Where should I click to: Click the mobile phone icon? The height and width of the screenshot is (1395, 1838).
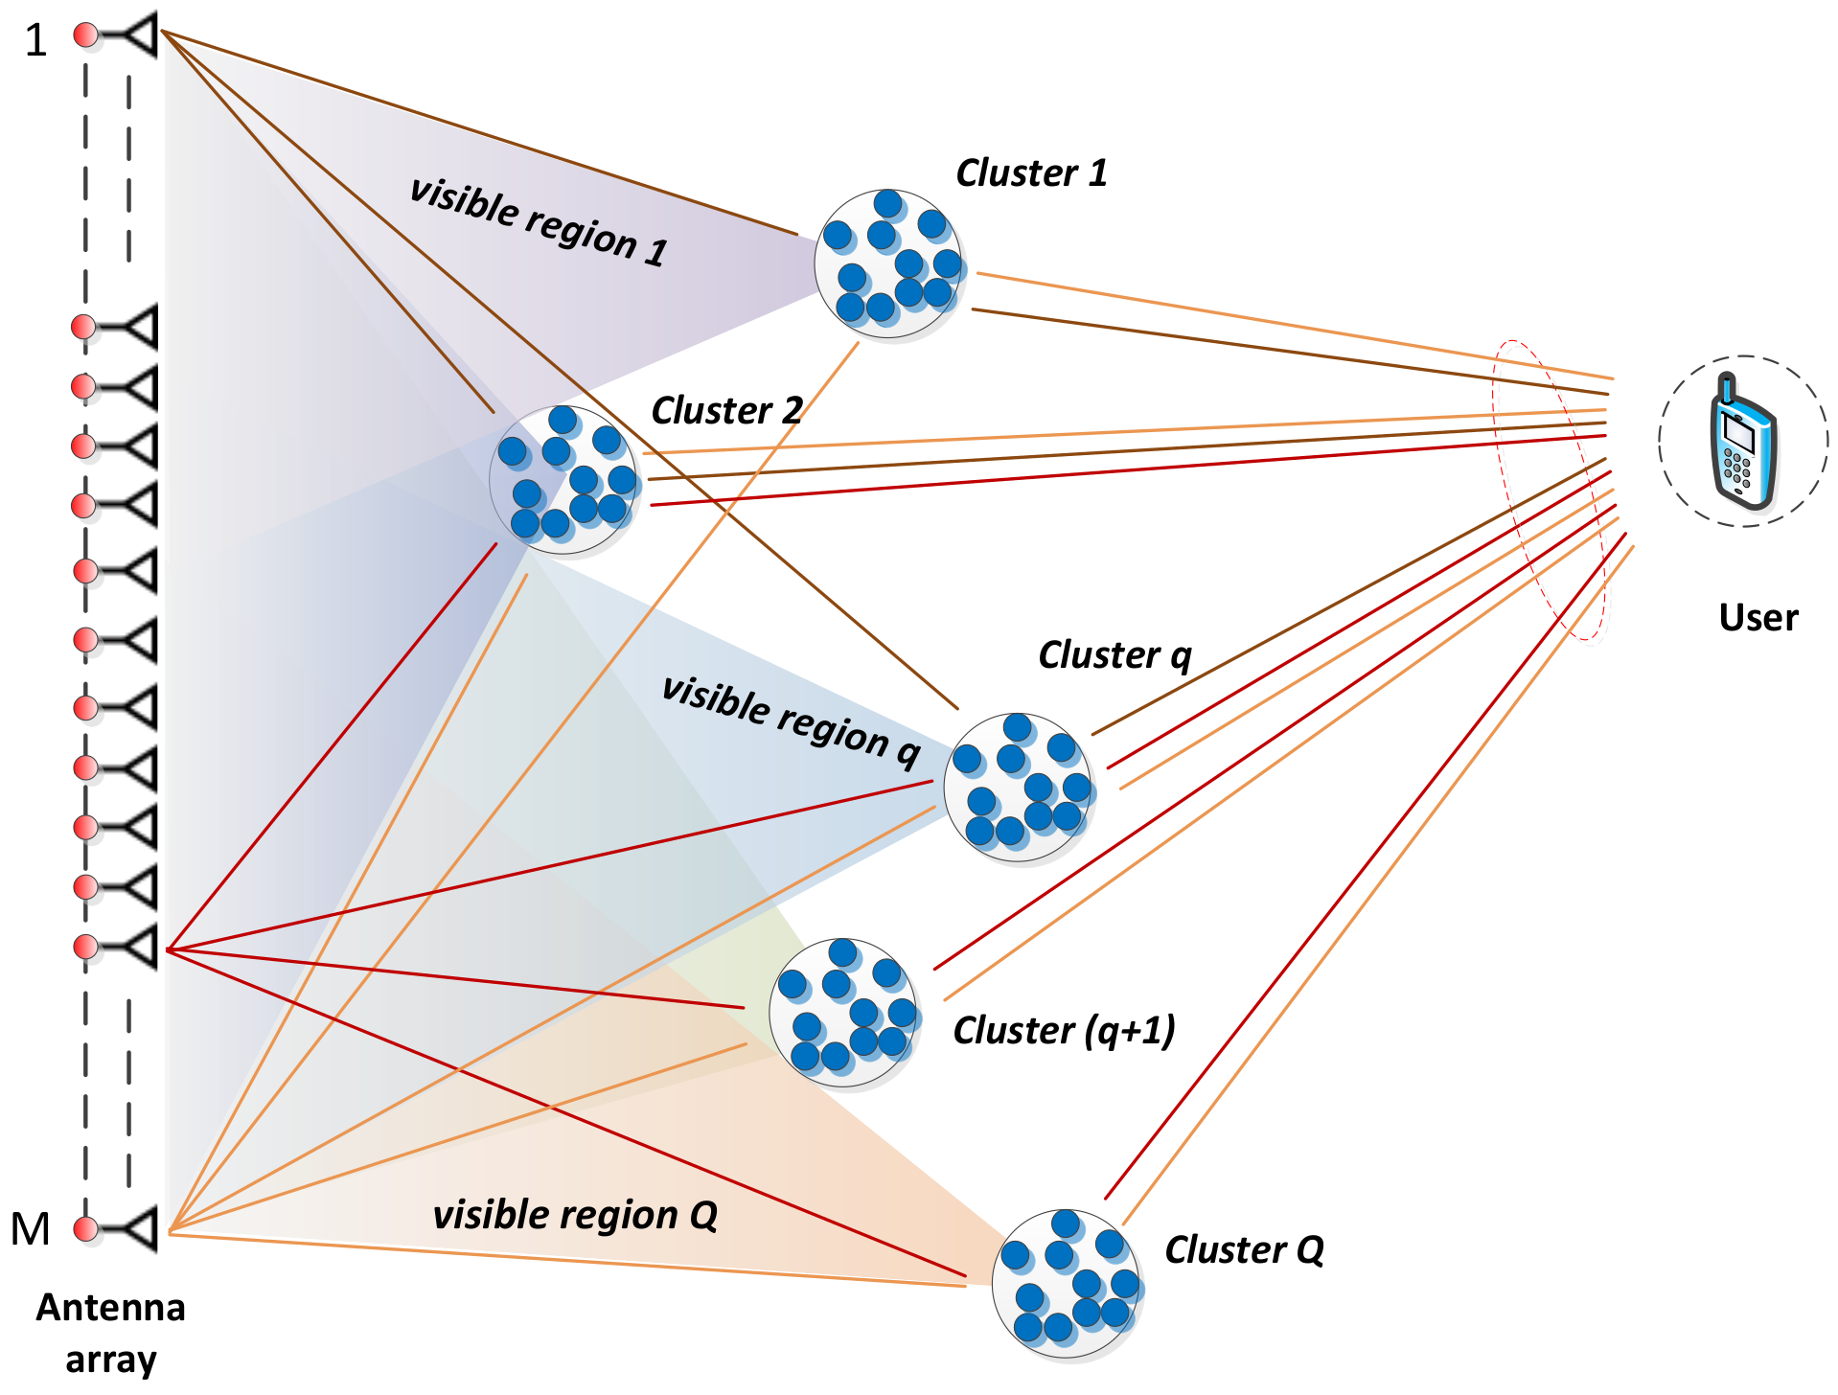pyautogui.click(x=1743, y=442)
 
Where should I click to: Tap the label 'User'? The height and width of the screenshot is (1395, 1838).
pyautogui.click(x=1758, y=618)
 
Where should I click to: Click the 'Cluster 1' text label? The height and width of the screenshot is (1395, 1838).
pyautogui.click(x=1031, y=173)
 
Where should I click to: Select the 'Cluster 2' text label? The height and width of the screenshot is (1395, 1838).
pyautogui.click(x=726, y=411)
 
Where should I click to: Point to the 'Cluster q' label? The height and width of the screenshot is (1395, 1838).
pyautogui.click(x=1114, y=656)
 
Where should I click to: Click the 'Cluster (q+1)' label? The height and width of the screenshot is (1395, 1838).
pyautogui.click(x=1064, y=1031)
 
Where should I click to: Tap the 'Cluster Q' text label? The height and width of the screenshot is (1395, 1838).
pyautogui.click(x=1243, y=1250)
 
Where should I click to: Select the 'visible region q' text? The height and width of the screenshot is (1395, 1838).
pyautogui.click(x=791, y=721)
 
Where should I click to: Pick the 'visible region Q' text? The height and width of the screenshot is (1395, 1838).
pyautogui.click(x=575, y=1215)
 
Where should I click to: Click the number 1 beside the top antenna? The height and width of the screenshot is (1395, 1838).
pyautogui.click(x=35, y=41)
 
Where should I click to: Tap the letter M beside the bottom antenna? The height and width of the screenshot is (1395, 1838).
pyautogui.click(x=30, y=1229)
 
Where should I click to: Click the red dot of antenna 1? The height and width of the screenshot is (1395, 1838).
pyautogui.click(x=86, y=35)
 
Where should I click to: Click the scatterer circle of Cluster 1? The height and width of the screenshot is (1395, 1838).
pyautogui.click(x=888, y=263)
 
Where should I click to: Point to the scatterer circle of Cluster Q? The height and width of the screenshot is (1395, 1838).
pyautogui.click(x=1066, y=1284)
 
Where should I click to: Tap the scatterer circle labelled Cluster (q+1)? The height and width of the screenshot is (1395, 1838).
pyautogui.click(x=843, y=1013)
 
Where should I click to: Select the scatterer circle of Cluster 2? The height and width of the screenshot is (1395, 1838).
pyautogui.click(x=563, y=479)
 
